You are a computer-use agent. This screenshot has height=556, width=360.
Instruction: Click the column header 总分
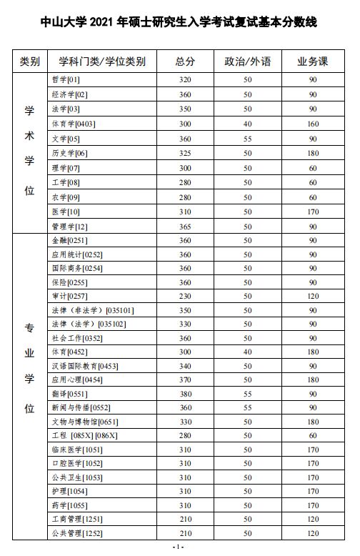click(x=185, y=61)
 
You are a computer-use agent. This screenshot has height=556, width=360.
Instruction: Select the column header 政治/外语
click(x=247, y=61)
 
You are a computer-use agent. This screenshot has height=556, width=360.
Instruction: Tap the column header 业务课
click(x=313, y=61)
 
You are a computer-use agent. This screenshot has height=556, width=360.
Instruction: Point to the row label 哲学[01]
click(x=66, y=78)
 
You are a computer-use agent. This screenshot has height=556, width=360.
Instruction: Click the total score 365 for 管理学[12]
click(x=185, y=227)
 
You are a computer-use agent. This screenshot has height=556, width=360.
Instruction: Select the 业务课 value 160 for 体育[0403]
click(x=313, y=124)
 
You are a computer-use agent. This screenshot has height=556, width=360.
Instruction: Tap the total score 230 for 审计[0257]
click(x=185, y=296)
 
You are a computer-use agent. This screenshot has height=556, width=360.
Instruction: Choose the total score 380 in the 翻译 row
click(x=185, y=393)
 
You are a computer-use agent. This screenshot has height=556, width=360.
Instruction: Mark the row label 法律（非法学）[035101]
click(x=93, y=310)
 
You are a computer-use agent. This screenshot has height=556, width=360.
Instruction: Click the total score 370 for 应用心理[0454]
click(x=185, y=379)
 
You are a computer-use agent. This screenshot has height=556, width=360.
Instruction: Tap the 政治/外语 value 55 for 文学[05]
click(x=247, y=138)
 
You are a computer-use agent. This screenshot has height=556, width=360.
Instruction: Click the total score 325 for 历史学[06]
click(x=185, y=153)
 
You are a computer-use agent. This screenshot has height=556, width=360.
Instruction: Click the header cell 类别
click(x=30, y=61)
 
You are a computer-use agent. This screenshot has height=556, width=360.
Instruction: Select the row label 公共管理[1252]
click(x=78, y=532)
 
